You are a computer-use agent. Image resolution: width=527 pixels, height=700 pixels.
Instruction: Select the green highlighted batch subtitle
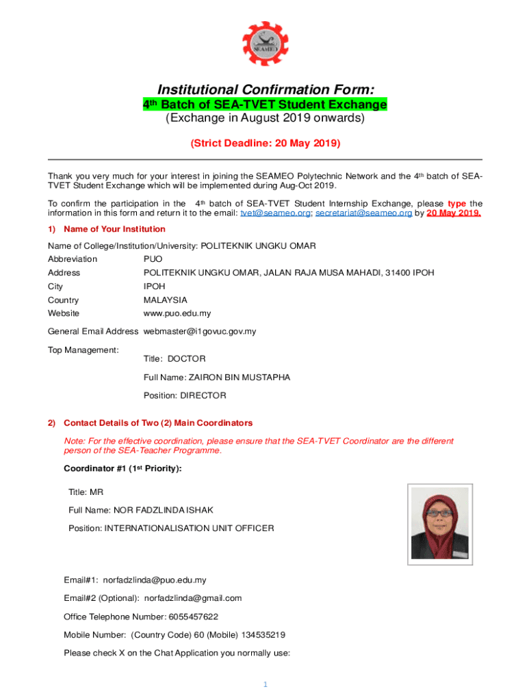[264, 105]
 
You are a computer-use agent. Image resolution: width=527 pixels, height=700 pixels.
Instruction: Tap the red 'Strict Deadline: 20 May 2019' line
[265, 144]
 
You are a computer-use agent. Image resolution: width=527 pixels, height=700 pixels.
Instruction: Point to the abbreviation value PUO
[153, 259]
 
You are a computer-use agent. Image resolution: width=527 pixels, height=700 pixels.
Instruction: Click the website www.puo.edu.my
[177, 314]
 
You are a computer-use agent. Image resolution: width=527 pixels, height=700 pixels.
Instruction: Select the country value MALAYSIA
[165, 300]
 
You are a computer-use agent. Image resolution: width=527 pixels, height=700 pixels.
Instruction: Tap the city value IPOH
[154, 286]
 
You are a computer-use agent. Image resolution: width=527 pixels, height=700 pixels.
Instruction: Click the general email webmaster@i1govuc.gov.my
[199, 332]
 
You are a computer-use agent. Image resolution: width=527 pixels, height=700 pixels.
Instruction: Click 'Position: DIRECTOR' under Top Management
[184, 396]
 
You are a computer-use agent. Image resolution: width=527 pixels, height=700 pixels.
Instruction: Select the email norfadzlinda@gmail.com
[192, 598]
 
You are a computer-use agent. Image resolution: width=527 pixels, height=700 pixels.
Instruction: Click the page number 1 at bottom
[265, 685]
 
